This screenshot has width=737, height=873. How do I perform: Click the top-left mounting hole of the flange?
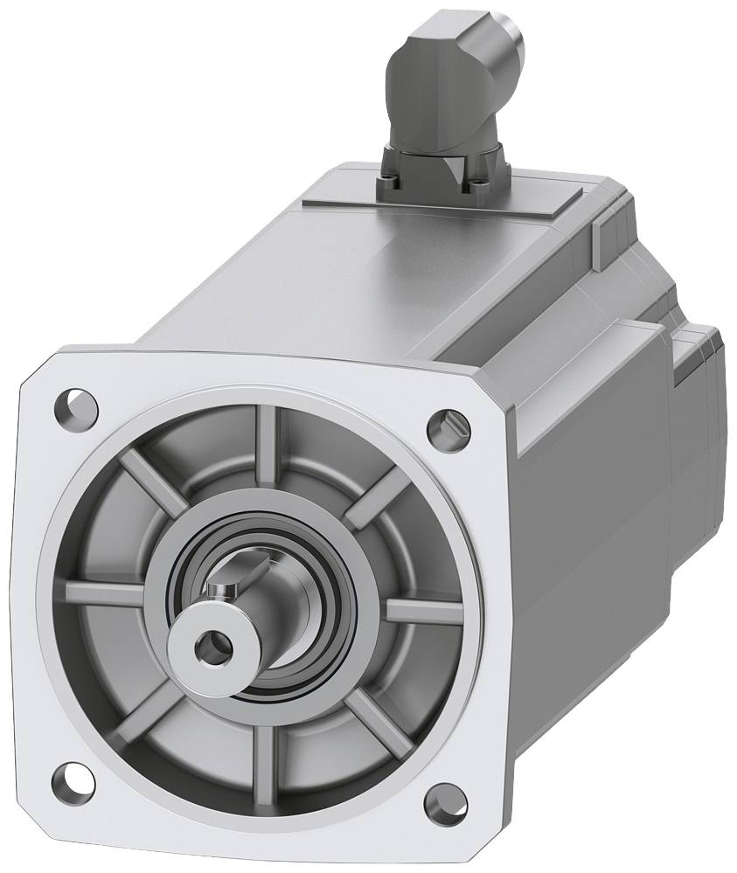click(x=76, y=404)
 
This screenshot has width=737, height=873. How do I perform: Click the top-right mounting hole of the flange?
click(x=448, y=426)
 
